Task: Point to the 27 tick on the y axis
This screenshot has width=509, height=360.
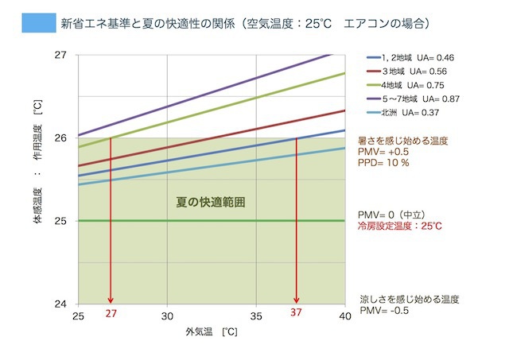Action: (61, 55)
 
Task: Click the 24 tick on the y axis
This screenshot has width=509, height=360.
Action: (61, 304)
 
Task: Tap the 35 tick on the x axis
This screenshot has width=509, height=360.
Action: (256, 315)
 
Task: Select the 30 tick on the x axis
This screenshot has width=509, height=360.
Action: (167, 315)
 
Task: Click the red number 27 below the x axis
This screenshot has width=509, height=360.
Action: (111, 315)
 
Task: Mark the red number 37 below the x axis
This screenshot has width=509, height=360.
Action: (296, 315)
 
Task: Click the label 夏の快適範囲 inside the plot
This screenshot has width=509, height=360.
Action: (210, 202)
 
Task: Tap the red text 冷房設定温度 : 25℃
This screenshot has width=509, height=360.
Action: (400, 226)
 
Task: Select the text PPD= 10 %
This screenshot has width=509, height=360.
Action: (384, 162)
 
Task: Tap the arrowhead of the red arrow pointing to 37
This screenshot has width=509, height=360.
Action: (297, 300)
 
